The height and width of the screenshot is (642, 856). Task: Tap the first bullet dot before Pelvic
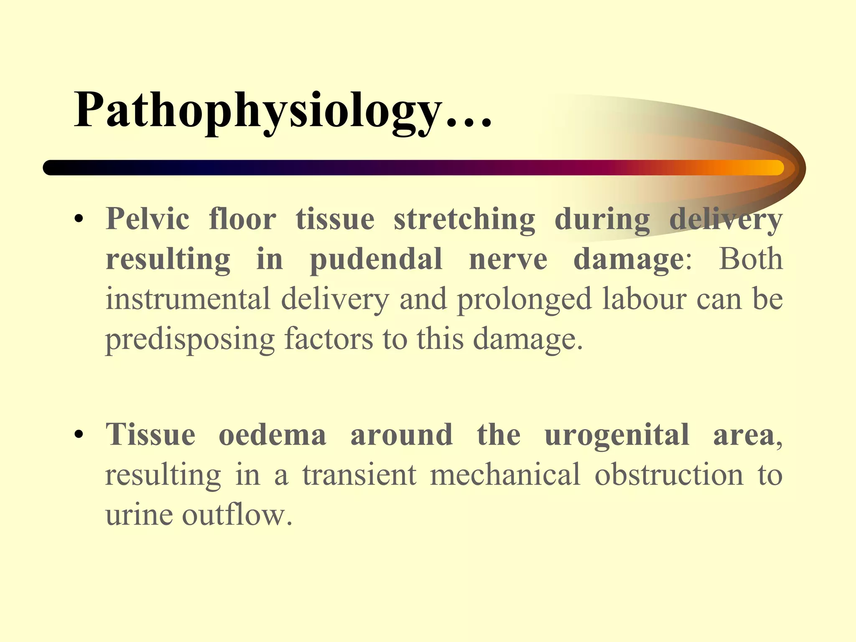[78, 219]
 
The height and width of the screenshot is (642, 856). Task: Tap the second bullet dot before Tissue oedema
[78, 435]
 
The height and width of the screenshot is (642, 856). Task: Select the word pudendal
[376, 259]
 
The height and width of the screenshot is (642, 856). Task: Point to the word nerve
[508, 259]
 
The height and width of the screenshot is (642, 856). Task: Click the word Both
[750, 259]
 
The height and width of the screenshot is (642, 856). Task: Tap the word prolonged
[525, 299]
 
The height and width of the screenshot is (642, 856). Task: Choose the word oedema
[272, 435]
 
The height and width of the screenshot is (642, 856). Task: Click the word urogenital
[617, 435]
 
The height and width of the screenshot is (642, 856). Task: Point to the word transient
[359, 474]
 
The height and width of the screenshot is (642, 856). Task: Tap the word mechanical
[505, 474]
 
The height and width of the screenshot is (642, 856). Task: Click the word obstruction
[669, 474]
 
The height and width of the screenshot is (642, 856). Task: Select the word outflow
[237, 515]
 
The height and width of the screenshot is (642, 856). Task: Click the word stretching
[464, 219]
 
